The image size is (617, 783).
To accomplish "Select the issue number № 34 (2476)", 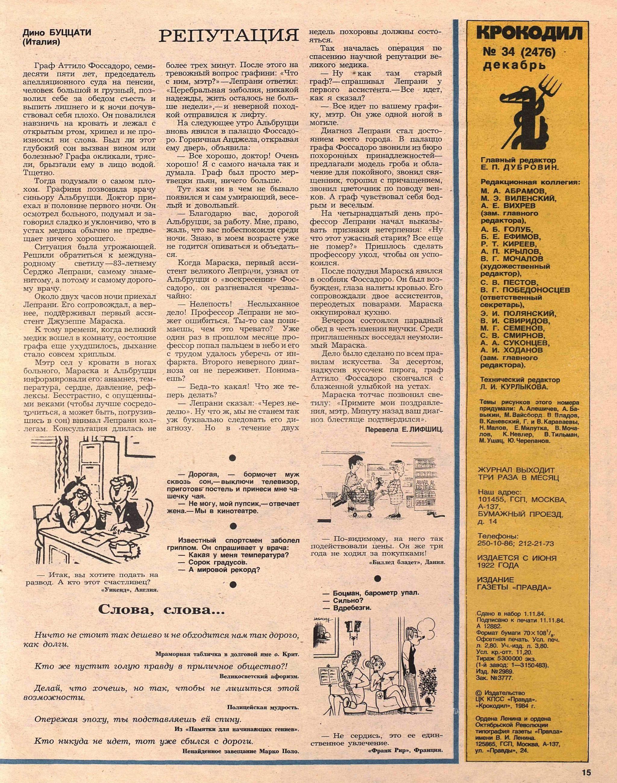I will [x=519, y=53].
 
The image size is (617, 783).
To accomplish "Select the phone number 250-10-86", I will [x=495, y=543].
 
